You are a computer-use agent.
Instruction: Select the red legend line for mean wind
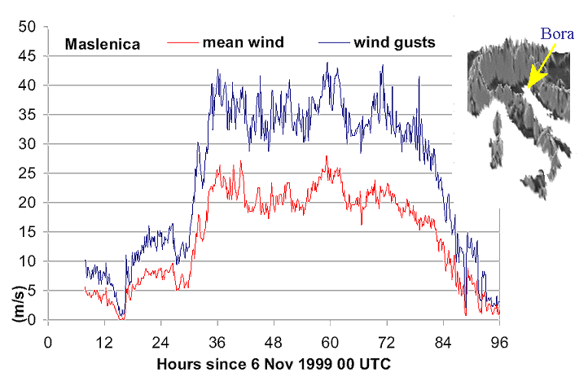[181, 41]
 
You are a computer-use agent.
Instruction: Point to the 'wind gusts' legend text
[394, 42]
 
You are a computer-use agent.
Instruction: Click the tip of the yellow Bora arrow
[528, 87]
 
